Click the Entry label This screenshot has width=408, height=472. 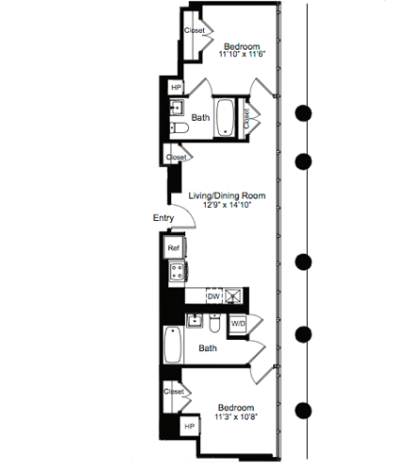coord(162,219)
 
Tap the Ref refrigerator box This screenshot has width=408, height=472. coord(174,248)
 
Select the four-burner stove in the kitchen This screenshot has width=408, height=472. coord(176,273)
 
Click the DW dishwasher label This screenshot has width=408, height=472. coord(213,296)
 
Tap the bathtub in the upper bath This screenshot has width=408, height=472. coord(227,117)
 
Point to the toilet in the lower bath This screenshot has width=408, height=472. coord(215,326)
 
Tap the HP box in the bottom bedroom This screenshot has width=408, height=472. coord(190,428)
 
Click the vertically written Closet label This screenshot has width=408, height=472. coord(246,117)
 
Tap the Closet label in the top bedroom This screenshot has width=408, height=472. coord(195,30)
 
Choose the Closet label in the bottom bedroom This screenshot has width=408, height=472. coord(173,391)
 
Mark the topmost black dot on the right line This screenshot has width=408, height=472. coord(304,113)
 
